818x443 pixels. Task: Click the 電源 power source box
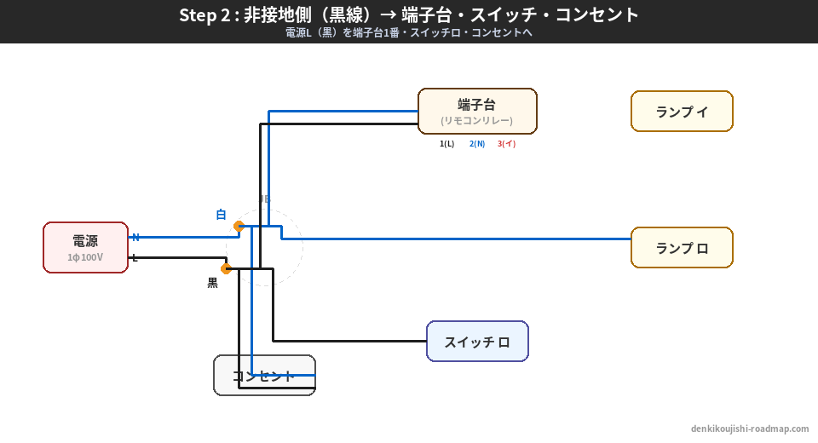85,247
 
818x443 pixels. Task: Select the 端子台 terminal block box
477,111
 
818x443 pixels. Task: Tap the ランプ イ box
682,112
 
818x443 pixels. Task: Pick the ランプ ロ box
682,248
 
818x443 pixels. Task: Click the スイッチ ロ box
477,342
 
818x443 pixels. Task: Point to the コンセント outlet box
264,376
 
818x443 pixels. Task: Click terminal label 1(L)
447,144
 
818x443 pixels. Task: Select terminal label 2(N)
477,144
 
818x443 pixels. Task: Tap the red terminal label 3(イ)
507,144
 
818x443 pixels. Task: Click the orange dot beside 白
239,226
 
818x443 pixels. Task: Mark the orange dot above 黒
226,268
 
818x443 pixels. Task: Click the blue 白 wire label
221,215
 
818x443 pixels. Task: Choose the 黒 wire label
212,283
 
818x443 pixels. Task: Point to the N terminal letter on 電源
135,237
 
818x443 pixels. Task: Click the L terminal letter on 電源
135,257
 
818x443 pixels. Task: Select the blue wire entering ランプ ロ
511,239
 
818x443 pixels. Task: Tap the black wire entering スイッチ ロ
358,341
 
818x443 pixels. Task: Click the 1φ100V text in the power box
85,257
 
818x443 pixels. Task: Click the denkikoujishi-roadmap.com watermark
750,429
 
